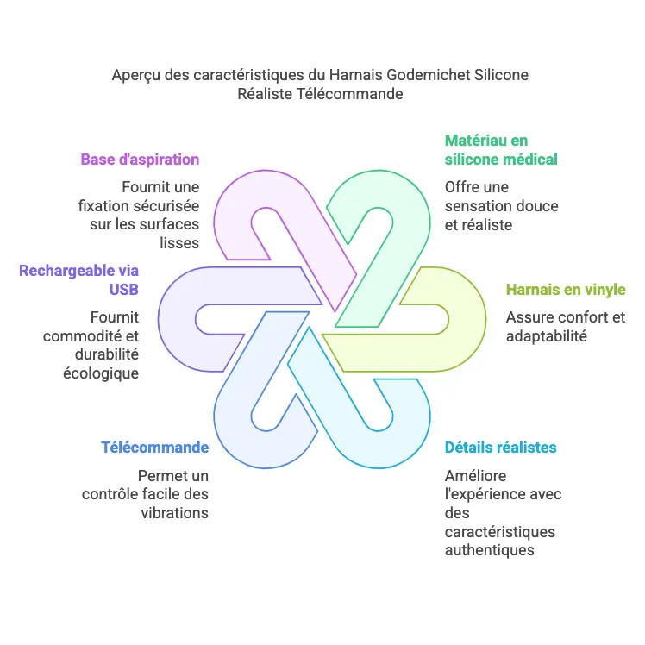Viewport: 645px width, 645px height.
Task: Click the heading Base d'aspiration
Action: point(140,160)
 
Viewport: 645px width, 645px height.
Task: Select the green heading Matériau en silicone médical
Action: point(501,149)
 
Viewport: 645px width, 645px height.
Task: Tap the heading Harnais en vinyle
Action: point(566,290)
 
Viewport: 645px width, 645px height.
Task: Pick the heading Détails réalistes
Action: point(500,448)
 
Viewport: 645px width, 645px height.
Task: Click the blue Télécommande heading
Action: point(154,448)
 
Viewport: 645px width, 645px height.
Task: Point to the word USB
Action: point(124,290)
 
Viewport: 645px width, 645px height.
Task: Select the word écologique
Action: point(102,373)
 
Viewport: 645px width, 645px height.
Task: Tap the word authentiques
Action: point(489,550)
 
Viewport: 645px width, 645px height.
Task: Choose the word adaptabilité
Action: point(547,336)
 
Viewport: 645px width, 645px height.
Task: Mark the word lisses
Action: point(179,243)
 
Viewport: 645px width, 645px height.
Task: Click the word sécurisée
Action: point(170,206)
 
